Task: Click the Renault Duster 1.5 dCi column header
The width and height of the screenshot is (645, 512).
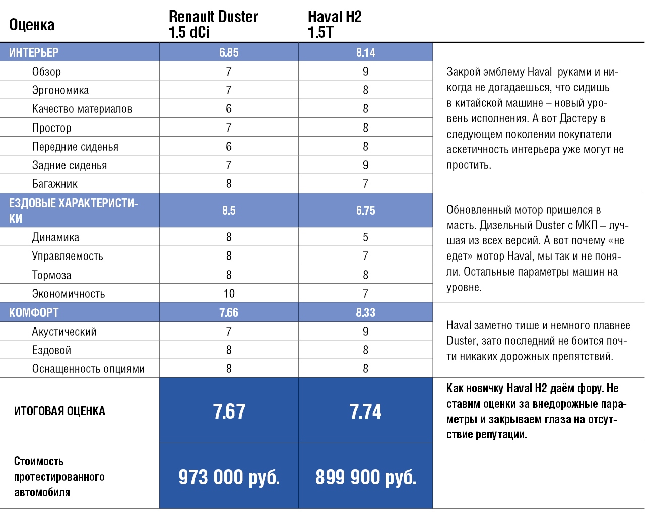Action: pos(213,24)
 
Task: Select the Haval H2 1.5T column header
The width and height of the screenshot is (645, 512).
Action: pos(335,24)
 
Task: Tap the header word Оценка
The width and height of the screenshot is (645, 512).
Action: pos(32,25)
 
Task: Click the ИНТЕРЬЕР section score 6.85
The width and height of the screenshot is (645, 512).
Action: pos(229,53)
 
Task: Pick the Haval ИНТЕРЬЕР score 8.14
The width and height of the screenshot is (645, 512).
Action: pos(365,53)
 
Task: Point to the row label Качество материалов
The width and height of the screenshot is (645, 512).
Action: pos(82,109)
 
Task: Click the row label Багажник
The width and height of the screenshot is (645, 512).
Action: pos(55,184)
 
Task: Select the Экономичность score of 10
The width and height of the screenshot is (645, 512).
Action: pos(229,294)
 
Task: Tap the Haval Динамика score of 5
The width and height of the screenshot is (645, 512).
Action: pos(365,237)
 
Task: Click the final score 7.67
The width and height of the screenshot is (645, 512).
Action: pos(229,412)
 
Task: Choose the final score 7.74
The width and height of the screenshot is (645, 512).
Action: pos(365,412)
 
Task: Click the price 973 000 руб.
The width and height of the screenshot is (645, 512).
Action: pos(229,477)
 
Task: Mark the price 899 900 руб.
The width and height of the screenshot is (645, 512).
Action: pos(365,477)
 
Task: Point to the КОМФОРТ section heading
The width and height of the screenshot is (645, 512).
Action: pos(34,313)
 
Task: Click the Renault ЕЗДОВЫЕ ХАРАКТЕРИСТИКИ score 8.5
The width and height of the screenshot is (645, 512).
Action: pos(229,211)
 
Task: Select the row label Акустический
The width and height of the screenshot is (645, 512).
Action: pos(64,332)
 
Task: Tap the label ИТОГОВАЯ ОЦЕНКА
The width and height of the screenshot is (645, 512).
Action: pos(59,411)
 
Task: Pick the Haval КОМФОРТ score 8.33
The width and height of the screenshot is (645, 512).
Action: pos(365,313)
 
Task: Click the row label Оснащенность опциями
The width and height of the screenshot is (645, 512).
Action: pos(88,369)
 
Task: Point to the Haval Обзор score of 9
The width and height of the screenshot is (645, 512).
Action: pos(365,72)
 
